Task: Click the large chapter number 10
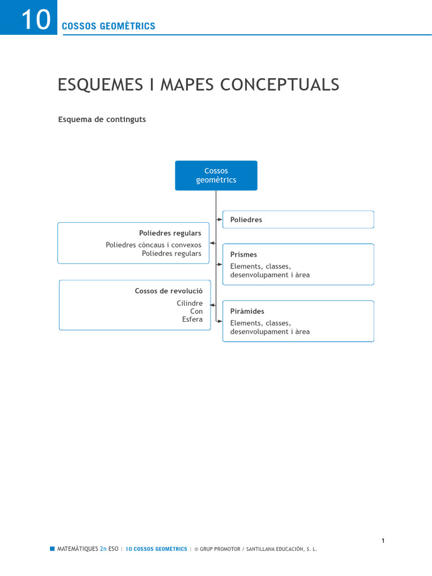(35, 21)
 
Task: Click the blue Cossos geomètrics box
(216, 175)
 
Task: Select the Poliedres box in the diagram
(298, 219)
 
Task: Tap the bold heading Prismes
(244, 255)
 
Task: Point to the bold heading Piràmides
(247, 312)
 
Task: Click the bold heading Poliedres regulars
(170, 233)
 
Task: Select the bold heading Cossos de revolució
(169, 291)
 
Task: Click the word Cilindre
(190, 303)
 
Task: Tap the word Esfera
(192, 319)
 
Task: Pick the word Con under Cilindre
(196, 311)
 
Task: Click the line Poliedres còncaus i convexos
(154, 245)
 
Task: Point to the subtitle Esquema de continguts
(102, 119)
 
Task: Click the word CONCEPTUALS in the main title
(280, 85)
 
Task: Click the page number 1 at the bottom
(383, 541)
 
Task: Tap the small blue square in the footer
(52, 548)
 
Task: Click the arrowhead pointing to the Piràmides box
(220, 321)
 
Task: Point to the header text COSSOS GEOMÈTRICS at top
(108, 26)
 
